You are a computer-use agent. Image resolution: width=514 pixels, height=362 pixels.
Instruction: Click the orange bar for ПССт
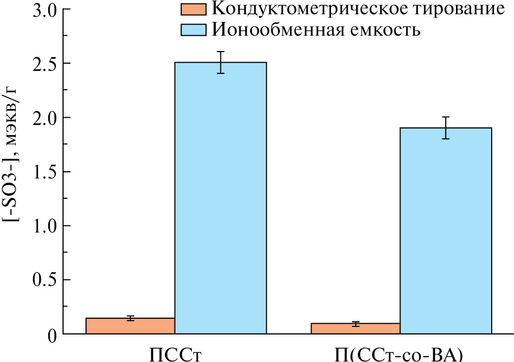click(x=130, y=326)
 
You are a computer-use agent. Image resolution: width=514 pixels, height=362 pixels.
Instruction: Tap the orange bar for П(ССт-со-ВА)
click(x=355, y=328)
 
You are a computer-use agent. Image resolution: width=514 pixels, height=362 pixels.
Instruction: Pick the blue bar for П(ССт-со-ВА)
click(x=445, y=230)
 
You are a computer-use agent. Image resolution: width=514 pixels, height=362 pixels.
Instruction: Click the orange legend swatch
click(x=193, y=10)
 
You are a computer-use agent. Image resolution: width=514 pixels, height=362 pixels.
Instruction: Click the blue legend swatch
click(x=193, y=30)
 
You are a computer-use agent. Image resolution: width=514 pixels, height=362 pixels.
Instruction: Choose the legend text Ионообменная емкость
click(x=316, y=30)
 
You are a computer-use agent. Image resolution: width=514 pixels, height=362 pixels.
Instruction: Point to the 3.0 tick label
click(x=45, y=10)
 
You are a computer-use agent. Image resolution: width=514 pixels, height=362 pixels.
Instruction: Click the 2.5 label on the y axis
click(x=45, y=64)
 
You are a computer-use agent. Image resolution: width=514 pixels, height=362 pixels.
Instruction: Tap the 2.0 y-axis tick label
click(x=45, y=118)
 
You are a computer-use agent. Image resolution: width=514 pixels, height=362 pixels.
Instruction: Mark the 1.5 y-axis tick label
click(x=45, y=172)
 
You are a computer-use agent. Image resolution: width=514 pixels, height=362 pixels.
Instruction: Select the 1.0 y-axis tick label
click(x=45, y=226)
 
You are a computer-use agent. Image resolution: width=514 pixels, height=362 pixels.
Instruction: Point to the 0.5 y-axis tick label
click(x=45, y=280)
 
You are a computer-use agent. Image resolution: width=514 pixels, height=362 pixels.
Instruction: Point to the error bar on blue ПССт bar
click(x=220, y=62)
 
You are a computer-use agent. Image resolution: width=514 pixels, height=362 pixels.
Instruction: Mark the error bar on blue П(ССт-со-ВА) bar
click(x=445, y=127)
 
